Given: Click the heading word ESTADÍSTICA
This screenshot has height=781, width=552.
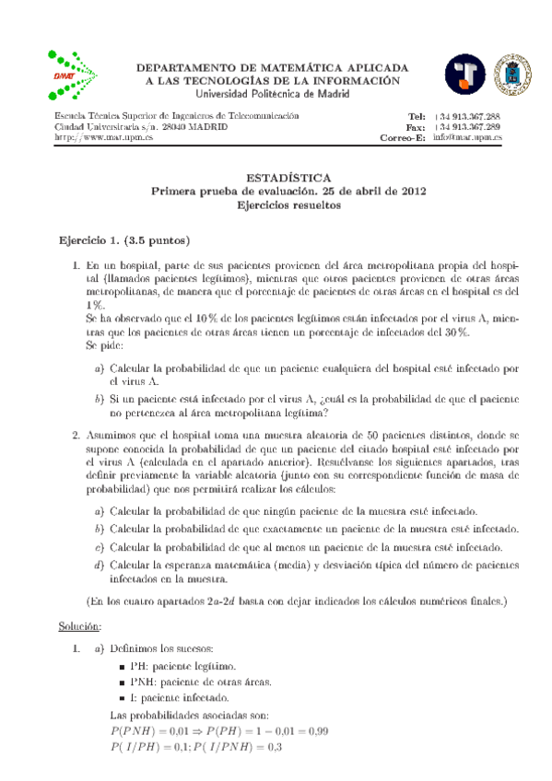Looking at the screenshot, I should click(x=275, y=178).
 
